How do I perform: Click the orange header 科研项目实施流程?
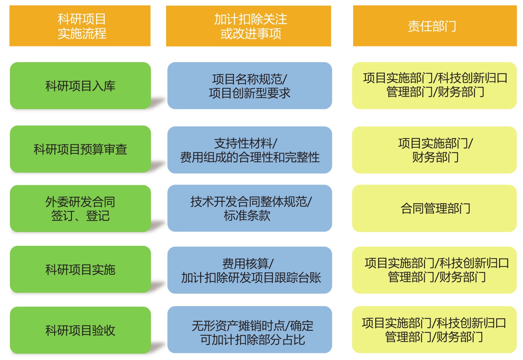(80, 26)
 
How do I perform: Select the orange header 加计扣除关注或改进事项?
(248, 26)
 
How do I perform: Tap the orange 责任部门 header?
(435, 26)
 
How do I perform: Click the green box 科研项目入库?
(80, 85)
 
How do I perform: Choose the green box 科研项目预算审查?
(80, 149)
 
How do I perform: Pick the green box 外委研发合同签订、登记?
(80, 208)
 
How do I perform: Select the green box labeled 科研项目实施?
(80, 269)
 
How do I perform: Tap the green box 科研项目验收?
(80, 330)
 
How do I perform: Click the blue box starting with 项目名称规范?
(250, 85)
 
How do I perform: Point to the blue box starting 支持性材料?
(250, 150)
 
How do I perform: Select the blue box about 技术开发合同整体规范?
(250, 208)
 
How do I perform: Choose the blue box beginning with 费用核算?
(250, 270)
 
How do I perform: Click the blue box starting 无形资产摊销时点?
(250, 330)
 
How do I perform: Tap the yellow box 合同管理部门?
(434, 208)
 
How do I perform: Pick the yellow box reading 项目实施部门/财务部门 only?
(434, 150)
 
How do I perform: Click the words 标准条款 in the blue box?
(247, 216)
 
